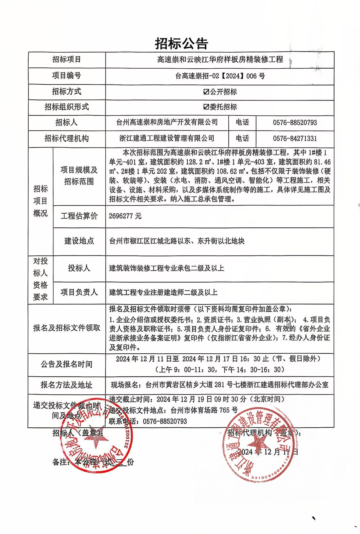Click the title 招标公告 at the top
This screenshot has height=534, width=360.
(x=181, y=44)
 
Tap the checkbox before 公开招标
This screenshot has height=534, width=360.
(x=206, y=92)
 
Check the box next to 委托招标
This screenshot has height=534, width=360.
(x=206, y=107)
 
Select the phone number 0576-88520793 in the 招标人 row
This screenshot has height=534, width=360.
(x=295, y=123)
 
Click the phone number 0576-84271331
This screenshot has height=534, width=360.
(x=295, y=138)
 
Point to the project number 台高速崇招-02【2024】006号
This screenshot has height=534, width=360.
(x=220, y=76)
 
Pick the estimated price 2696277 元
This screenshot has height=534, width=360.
(x=125, y=216)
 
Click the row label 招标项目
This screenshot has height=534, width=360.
(x=67, y=60)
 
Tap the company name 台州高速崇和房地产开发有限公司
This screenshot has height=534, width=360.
(x=167, y=122)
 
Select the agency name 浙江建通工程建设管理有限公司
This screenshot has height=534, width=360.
(x=167, y=138)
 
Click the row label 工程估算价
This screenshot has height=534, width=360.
(x=79, y=216)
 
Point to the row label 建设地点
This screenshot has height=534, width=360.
(x=79, y=241)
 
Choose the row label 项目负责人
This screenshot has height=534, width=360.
(x=79, y=292)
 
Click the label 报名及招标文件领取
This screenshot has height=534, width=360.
(x=67, y=328)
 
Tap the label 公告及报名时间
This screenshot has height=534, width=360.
(x=67, y=364)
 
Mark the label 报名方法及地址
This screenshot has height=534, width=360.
(x=67, y=385)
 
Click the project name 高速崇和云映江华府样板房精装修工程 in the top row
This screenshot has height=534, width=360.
(x=220, y=60)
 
